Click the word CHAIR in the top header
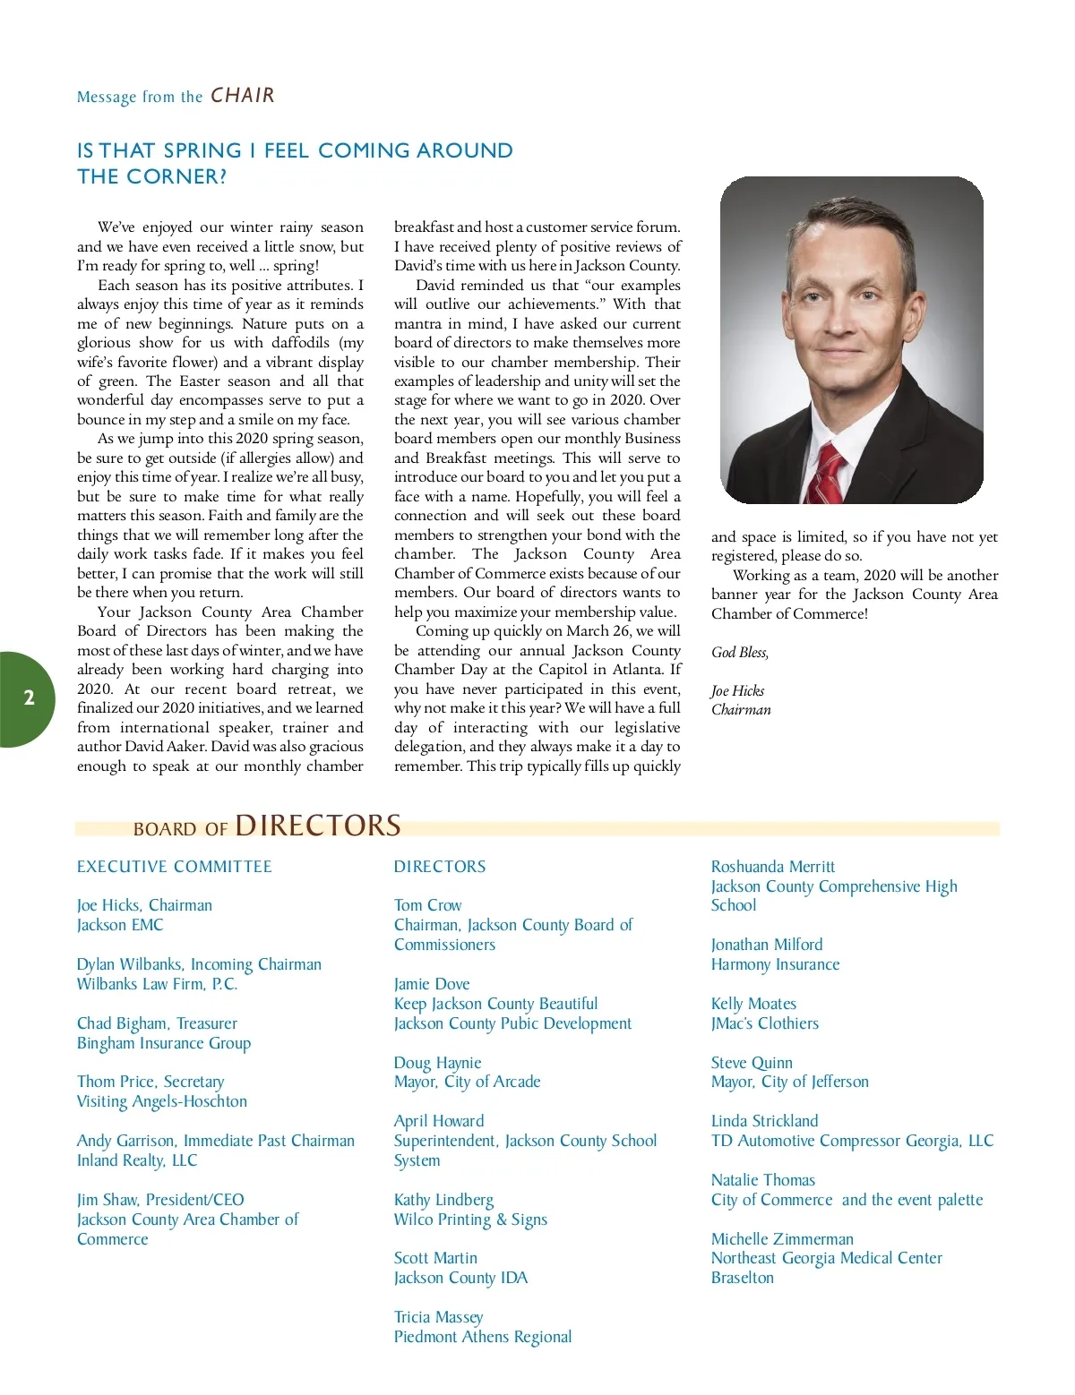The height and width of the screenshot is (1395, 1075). pos(243,96)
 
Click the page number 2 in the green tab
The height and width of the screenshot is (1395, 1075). pos(29,698)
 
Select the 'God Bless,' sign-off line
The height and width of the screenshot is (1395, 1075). pos(740,653)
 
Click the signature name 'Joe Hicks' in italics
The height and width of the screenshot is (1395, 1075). pos(737,691)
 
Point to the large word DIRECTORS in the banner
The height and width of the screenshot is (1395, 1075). pos(318,826)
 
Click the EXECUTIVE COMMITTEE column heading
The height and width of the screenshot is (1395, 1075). pos(175,867)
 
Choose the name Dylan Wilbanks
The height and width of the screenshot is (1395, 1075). pos(129,964)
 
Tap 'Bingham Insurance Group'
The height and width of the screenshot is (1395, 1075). pos(164,1043)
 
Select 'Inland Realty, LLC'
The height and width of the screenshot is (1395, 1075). pos(137,1160)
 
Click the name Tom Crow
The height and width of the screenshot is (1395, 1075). pos(428,905)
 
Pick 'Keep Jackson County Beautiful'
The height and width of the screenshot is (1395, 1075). pos(495,1004)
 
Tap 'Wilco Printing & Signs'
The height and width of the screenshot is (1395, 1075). pos(470,1220)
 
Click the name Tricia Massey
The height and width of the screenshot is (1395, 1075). pos(438,1317)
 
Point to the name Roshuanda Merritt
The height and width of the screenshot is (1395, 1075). pos(772,867)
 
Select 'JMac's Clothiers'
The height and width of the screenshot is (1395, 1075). pos(764,1023)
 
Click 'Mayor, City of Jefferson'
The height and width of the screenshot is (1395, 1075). pos(789,1082)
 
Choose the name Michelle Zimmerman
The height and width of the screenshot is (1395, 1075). pos(782,1239)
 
